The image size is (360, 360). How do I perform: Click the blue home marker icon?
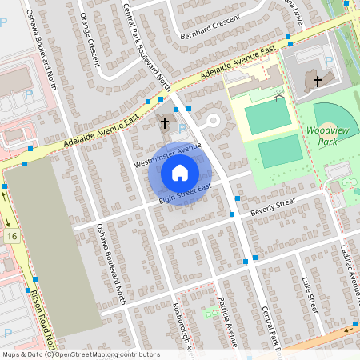pos(180,173)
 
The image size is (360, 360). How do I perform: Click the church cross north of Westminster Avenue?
pos(166,123)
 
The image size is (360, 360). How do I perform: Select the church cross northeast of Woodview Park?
pos(317,82)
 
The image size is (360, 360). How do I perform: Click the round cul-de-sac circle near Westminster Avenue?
pos(213,122)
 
